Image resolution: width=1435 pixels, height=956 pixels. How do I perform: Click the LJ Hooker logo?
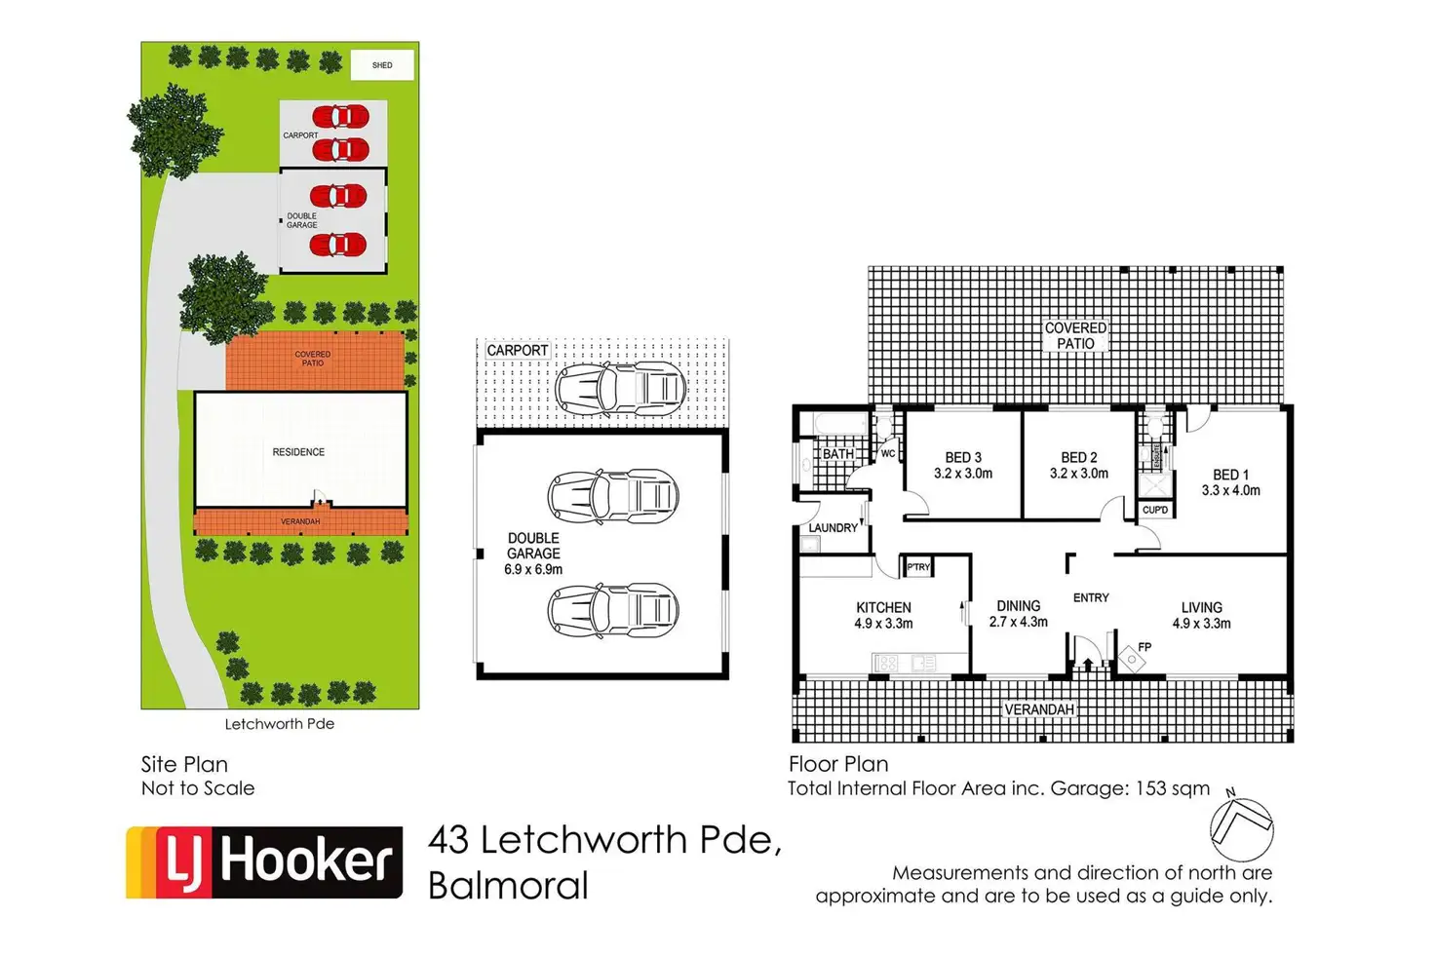click(264, 862)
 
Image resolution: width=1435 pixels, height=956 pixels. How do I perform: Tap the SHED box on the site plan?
click(382, 65)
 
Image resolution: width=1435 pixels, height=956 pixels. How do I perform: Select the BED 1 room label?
click(1230, 482)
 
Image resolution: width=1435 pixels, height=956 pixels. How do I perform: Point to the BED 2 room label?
click(1078, 465)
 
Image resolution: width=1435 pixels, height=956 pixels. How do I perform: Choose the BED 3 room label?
click(963, 465)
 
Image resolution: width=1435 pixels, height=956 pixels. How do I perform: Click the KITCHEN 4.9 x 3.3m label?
click(883, 615)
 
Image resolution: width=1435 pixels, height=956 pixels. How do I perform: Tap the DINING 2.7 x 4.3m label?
click(1018, 613)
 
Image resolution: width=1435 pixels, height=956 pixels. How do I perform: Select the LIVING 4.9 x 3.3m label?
click(1201, 615)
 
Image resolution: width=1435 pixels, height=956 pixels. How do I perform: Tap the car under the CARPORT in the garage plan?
click(621, 388)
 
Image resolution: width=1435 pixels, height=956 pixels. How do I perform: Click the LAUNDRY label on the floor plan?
click(834, 528)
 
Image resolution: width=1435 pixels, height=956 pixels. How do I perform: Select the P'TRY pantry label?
click(918, 567)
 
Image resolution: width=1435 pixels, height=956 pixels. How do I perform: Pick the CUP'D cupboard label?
click(1155, 510)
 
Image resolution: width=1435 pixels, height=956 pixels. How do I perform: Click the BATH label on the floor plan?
click(837, 454)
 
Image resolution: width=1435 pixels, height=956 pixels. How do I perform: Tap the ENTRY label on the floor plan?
click(1091, 597)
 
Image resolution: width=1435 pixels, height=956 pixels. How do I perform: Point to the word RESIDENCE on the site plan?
click(298, 452)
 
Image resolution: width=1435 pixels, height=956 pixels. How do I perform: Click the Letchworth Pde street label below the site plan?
click(280, 724)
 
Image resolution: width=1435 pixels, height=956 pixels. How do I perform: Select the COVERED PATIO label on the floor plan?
click(1075, 335)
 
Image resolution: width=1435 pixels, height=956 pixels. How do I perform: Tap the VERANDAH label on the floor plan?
click(1038, 709)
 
